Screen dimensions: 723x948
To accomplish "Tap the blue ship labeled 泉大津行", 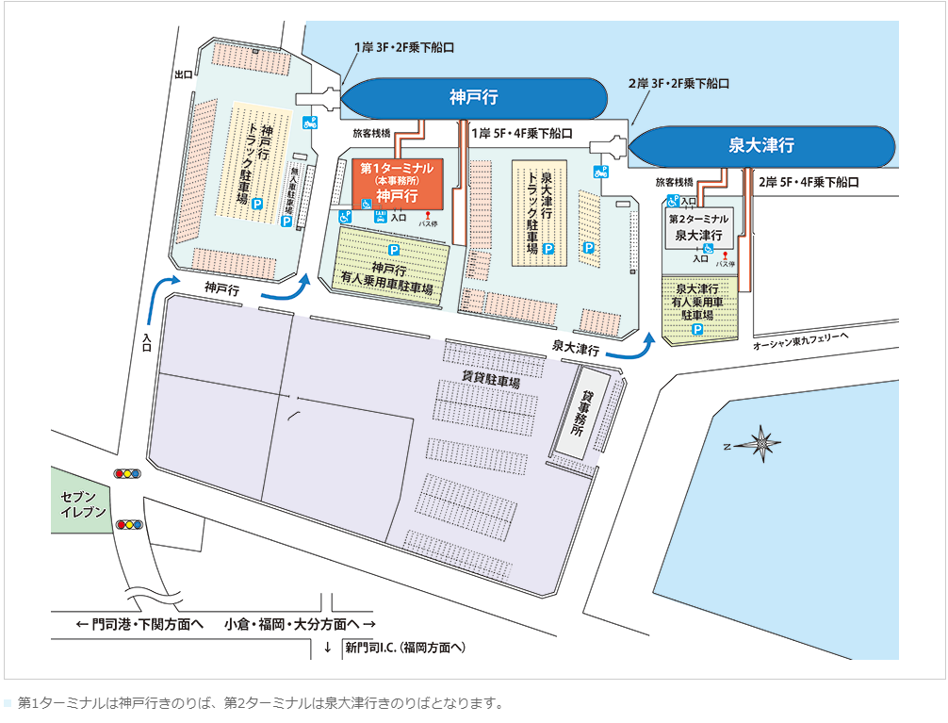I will pos(761,146).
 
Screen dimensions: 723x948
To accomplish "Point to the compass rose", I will pos(760,441).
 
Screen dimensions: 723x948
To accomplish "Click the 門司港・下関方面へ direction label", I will pos(140,624).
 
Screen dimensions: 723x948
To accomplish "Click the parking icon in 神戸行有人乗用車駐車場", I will pos(394,250).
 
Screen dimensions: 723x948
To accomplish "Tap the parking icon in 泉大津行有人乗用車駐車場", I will pos(697,330).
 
